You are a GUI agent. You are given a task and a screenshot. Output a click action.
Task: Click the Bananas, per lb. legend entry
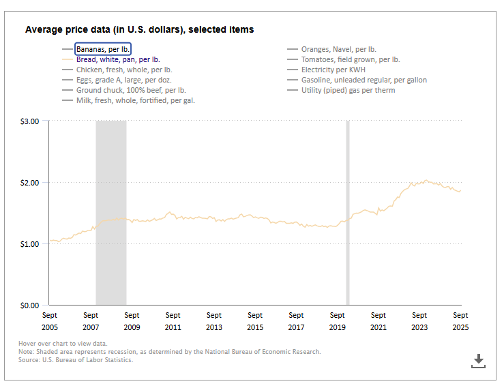point(103,49)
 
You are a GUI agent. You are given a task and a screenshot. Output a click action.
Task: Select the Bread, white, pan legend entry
point(118,59)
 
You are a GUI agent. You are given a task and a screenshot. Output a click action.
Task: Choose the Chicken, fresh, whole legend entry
point(123,70)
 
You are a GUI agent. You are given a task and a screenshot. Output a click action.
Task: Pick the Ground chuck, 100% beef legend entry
point(130,90)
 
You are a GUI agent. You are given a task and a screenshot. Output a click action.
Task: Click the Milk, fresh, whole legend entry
point(136,100)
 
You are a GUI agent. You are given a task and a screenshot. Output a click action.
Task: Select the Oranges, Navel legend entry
point(338,49)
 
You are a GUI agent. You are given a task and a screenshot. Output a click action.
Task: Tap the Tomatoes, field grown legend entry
point(350,59)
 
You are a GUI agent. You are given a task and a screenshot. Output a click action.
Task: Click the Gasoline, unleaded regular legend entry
point(364,80)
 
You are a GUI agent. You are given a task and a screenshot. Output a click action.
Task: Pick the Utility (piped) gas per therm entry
point(348,90)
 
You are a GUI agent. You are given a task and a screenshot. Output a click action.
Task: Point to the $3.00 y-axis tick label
point(30,121)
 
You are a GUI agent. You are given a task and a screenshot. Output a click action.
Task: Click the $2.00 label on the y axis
point(30,183)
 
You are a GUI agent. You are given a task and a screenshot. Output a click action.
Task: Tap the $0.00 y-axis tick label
point(30,305)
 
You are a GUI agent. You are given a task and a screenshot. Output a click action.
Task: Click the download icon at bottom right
point(479,361)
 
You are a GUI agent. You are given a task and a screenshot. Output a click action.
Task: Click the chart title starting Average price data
point(139,30)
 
